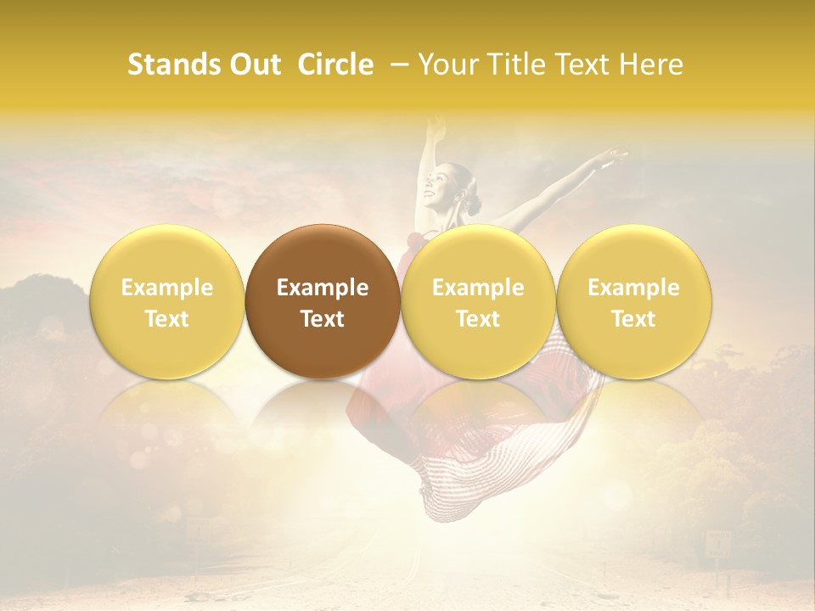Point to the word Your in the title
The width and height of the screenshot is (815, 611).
448,64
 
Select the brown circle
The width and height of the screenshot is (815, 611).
322,300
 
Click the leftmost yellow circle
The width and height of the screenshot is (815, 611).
166,300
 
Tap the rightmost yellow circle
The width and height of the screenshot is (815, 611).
633,300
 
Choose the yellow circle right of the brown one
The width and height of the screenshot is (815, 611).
478,300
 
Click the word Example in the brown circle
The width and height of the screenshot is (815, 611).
323,288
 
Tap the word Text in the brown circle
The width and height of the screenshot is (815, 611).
323,319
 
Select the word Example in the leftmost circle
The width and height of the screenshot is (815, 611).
167,288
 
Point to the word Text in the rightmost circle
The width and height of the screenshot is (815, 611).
633,319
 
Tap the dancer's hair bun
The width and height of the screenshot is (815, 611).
473,205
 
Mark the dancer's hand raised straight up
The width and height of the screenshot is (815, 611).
436,127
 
